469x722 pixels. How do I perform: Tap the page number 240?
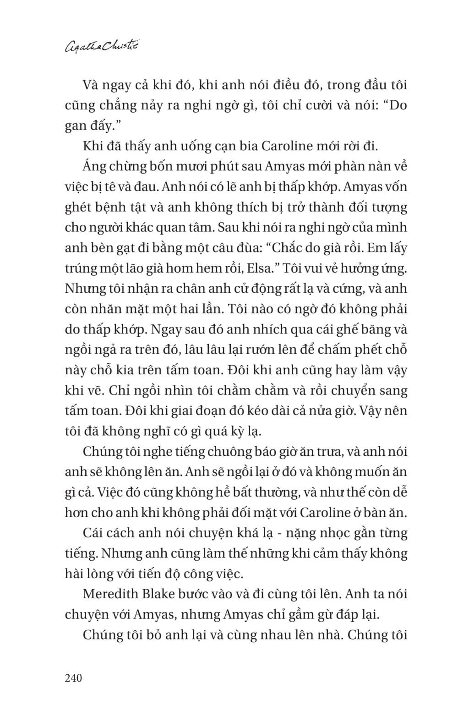pos(73,677)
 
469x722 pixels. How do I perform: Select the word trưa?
pos(325,451)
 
